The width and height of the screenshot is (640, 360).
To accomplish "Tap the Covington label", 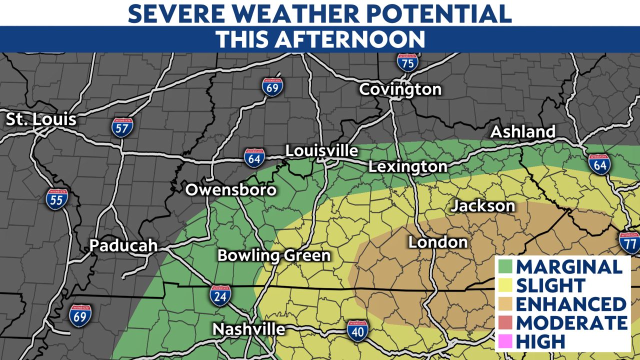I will (400, 89).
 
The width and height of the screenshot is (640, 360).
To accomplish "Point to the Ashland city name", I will (523, 132).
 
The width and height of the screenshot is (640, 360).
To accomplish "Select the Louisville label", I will (321, 151).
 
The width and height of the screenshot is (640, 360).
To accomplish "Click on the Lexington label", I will (408, 166).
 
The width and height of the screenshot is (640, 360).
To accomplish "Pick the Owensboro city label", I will (231, 190).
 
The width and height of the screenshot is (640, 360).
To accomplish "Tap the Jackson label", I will (483, 205).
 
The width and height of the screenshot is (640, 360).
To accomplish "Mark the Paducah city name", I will (123, 245).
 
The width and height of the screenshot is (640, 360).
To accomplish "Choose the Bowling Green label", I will (274, 255).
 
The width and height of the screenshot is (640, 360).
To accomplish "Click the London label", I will (438, 242).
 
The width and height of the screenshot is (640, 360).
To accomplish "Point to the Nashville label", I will (249, 329).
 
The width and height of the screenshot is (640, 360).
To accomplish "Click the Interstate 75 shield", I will (408, 62).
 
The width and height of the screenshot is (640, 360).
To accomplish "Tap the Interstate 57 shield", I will (122, 127).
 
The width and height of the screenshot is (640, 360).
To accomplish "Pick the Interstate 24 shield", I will (220, 295).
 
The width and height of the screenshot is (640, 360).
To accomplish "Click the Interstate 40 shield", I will (358, 330).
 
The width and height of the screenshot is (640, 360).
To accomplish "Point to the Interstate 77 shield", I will (628, 242).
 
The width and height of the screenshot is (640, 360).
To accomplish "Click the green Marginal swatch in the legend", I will (505, 266).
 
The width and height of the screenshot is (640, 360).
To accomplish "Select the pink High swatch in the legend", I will (505, 341).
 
